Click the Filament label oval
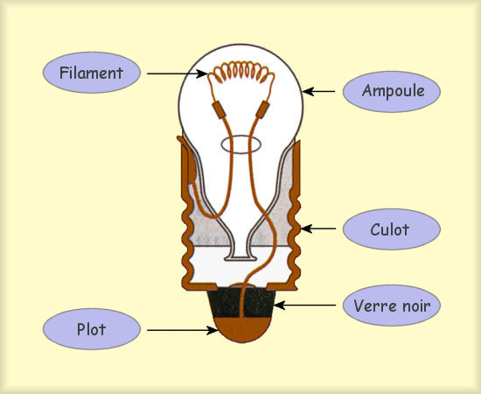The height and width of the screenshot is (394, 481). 92,73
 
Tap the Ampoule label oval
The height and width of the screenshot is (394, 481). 392,92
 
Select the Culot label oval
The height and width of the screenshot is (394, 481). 392,229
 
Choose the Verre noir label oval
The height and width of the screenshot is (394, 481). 392,306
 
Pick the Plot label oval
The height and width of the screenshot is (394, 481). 92,329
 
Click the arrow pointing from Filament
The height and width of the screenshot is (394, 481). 178,74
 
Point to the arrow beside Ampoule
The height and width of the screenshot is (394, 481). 318,92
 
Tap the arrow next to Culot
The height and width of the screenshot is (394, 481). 317,229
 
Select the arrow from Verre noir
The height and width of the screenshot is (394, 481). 304,306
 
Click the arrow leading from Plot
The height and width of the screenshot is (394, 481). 183,330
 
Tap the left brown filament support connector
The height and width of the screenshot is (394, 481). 219,109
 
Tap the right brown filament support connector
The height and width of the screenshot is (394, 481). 262,109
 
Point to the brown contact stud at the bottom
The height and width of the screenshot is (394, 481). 241,329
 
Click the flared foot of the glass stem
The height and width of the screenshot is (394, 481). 240,257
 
